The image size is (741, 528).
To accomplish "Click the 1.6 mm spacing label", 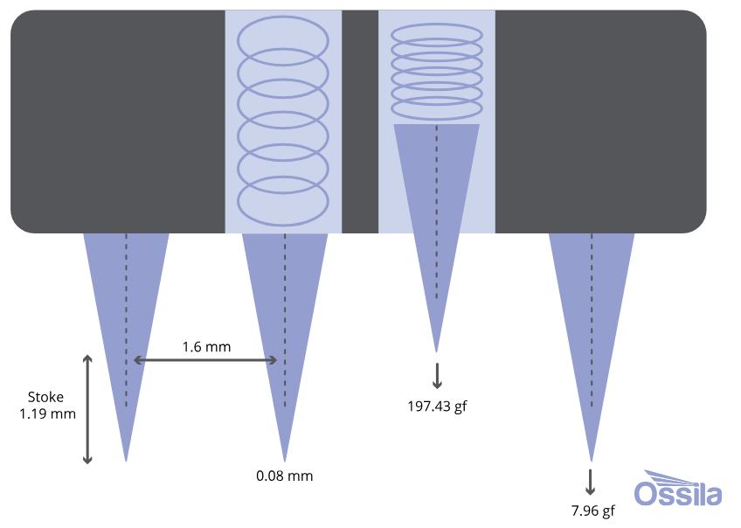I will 206,347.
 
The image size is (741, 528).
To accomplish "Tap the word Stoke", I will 45,397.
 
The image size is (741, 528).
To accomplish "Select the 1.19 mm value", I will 47,413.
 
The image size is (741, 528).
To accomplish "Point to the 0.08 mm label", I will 284,476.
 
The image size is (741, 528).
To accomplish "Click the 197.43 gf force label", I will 437,406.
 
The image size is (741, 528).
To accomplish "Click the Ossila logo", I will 678,490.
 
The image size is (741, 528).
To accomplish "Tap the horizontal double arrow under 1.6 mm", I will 205,360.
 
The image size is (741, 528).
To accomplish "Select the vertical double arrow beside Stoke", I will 87,409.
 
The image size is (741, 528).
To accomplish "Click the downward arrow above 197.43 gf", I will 437,374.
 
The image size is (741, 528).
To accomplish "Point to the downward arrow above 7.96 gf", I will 591,482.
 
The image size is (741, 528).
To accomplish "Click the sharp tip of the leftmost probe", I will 127,459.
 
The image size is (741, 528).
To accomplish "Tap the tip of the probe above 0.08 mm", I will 284,459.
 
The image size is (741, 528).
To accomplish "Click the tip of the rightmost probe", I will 591,460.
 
